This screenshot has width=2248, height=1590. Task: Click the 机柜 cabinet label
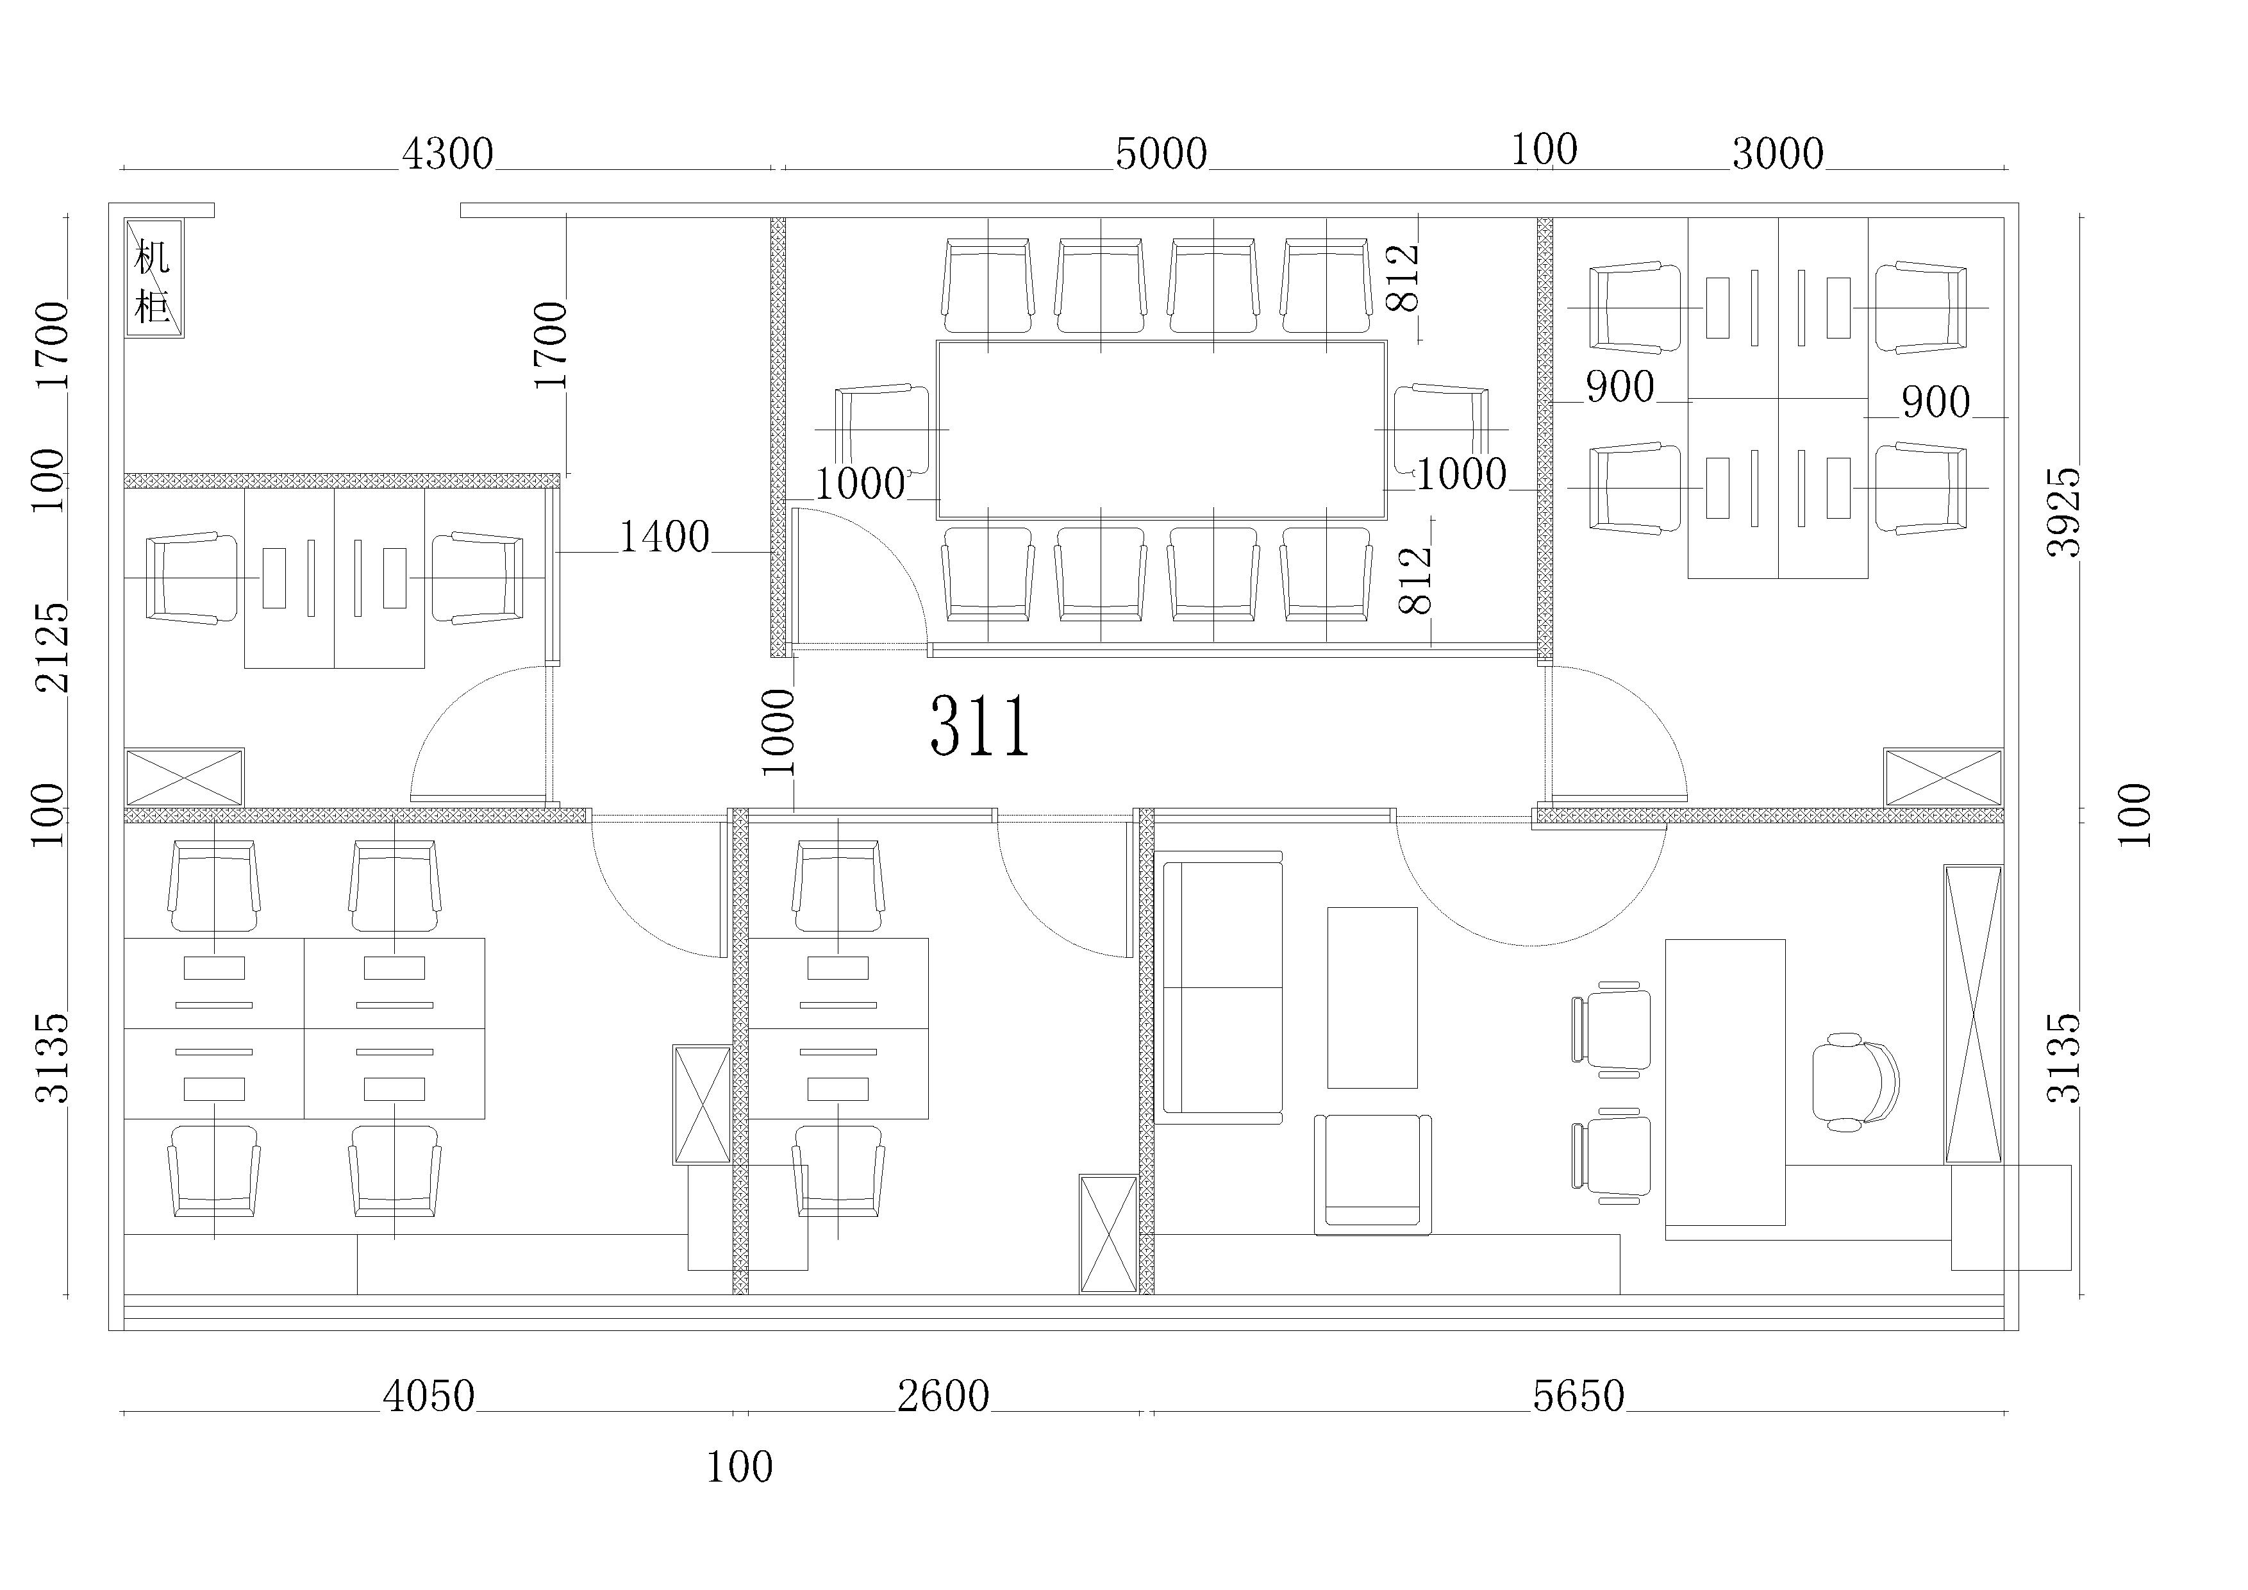[x=153, y=282]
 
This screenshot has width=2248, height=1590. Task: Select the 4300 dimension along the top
[x=447, y=155]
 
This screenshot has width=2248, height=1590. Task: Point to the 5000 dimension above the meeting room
[x=1161, y=155]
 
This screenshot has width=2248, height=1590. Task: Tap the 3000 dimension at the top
[x=1778, y=154]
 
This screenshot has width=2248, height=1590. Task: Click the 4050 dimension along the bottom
[x=429, y=1396]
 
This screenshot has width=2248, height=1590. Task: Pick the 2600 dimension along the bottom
[x=944, y=1396]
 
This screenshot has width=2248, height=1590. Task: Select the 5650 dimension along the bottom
[x=1578, y=1396]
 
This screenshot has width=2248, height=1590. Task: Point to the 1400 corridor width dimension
[x=664, y=537]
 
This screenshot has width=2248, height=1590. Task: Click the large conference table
[x=1161, y=430]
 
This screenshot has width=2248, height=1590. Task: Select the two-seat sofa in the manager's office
[x=1219, y=987]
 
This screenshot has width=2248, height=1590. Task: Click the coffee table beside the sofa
[x=1372, y=997]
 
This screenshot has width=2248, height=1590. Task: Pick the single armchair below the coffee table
[x=1372, y=1174]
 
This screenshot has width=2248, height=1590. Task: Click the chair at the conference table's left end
[x=882, y=430]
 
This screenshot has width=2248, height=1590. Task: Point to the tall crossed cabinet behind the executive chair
[x=1973, y=1014]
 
